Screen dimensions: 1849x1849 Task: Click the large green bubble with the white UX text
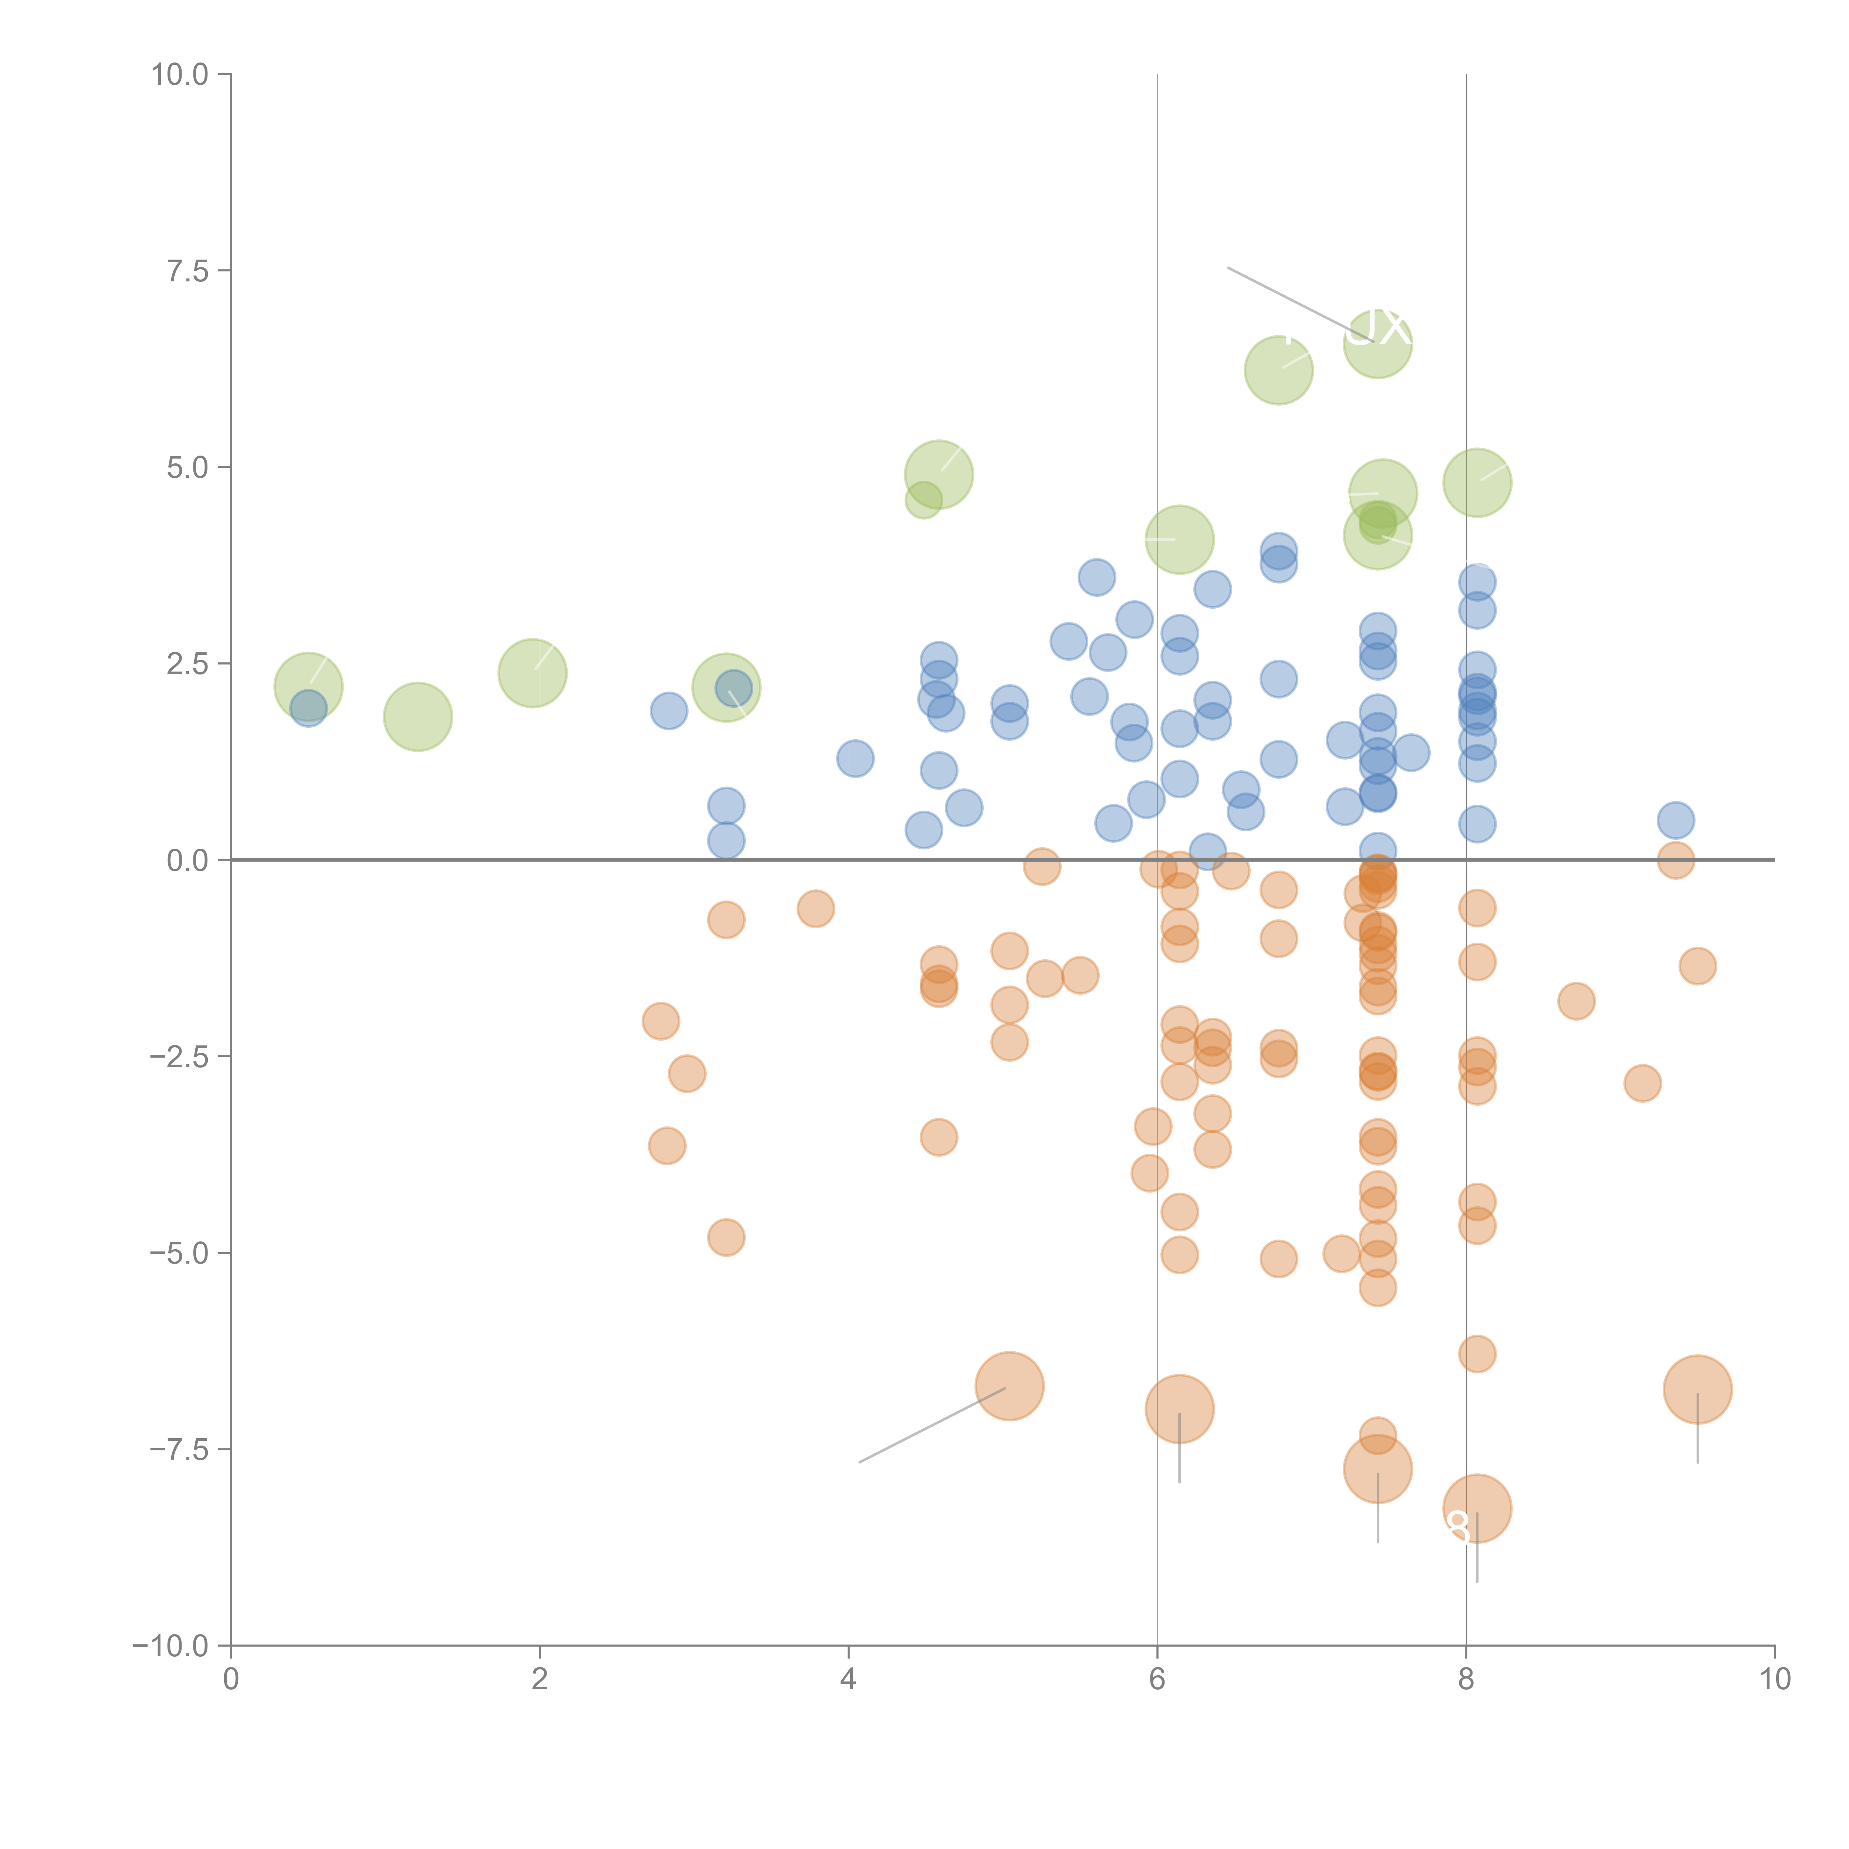(x=1377, y=344)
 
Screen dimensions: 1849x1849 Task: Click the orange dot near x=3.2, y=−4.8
(x=726, y=1237)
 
